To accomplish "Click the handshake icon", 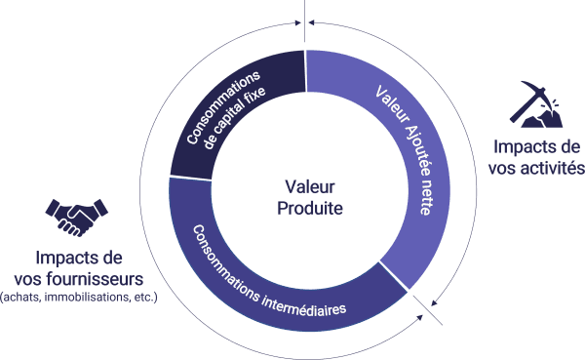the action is tap(76, 218).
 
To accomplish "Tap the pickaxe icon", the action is tap(535, 104).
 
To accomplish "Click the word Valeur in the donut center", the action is tap(310, 186).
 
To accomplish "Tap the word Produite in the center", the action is tap(310, 208).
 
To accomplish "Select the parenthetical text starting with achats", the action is tap(79, 298).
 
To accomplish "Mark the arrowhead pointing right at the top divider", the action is tap(298, 22).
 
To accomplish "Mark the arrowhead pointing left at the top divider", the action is tap(312, 22).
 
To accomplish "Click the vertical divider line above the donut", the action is tap(305, 20).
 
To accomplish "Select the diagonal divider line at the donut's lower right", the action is tap(428, 310).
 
